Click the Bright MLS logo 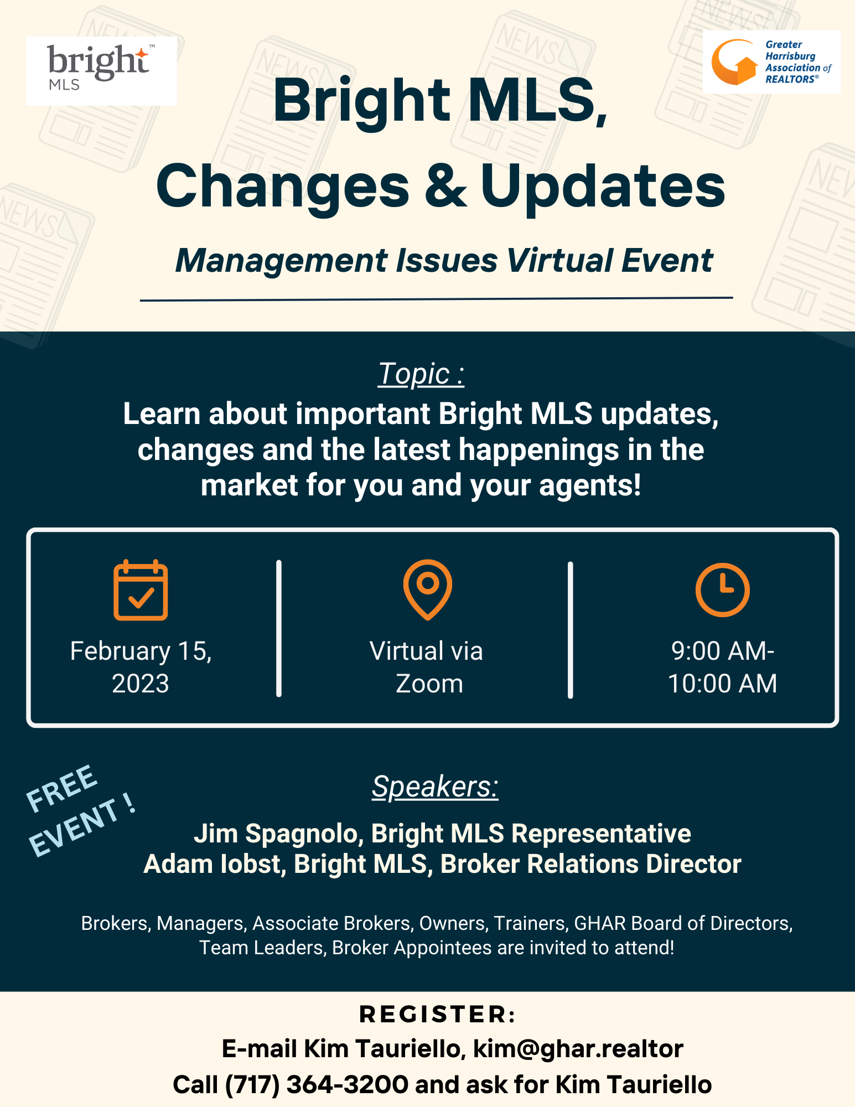click(101, 70)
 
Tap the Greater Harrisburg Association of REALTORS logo click(771, 61)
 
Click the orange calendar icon click(141, 590)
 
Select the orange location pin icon click(428, 589)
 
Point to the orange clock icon click(722, 590)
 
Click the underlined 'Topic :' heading click(421, 374)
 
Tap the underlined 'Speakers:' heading click(435, 787)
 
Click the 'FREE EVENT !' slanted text click(80, 810)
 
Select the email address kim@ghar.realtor click(578, 1048)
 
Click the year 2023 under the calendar click(141, 684)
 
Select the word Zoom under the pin click(429, 684)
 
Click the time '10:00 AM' click(722, 684)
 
